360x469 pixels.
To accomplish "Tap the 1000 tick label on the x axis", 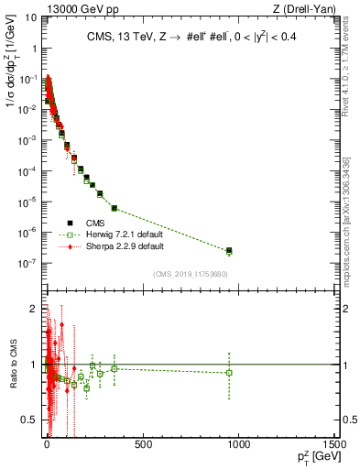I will tap(239, 445).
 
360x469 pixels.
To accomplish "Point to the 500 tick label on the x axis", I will tap(143, 445).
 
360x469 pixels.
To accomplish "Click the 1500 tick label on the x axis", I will tap(335, 445).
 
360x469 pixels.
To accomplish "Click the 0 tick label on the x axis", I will tap(46, 445).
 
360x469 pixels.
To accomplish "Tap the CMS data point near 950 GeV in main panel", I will tap(229, 250).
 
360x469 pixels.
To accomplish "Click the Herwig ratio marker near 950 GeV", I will tap(229, 372).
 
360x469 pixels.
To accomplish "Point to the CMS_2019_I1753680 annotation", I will tap(191, 273).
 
